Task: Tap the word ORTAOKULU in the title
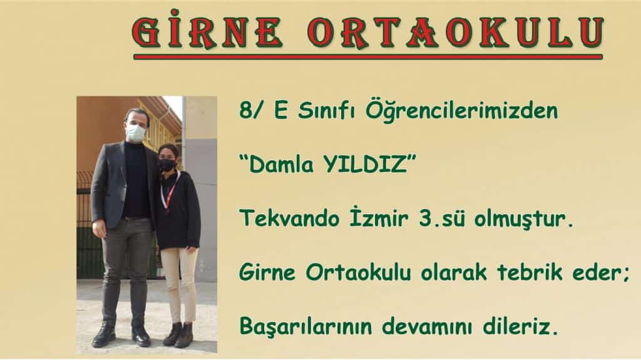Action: point(456,32)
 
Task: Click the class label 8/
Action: point(250,110)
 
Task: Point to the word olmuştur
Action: point(524,219)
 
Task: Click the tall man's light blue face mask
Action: point(135,133)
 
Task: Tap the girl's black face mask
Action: point(167,165)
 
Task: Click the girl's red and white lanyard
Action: point(168,192)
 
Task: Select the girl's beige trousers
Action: point(179,284)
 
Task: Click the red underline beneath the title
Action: point(368,57)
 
